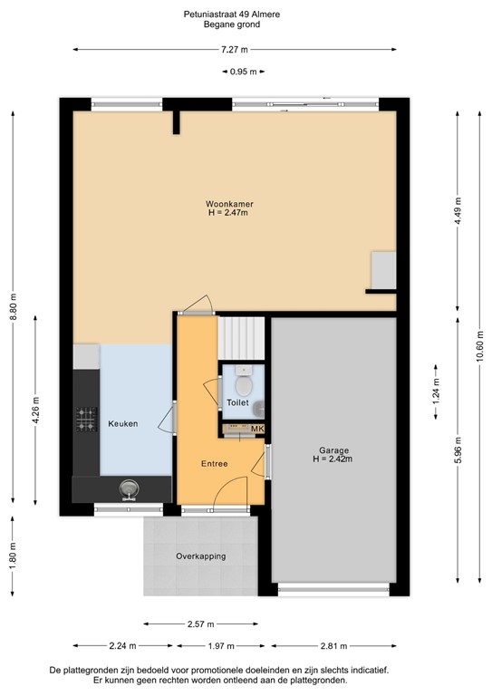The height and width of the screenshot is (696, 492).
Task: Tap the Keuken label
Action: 123,424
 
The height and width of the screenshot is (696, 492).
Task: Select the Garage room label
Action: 333,449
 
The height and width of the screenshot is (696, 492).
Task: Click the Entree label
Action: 214,464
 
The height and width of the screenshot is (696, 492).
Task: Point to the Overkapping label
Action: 201,556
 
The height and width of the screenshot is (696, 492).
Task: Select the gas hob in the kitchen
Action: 86,419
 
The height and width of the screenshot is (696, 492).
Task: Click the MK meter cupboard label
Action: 256,430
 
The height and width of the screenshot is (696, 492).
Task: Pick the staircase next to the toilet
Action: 240,337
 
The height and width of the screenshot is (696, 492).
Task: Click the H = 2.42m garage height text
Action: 333,459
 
